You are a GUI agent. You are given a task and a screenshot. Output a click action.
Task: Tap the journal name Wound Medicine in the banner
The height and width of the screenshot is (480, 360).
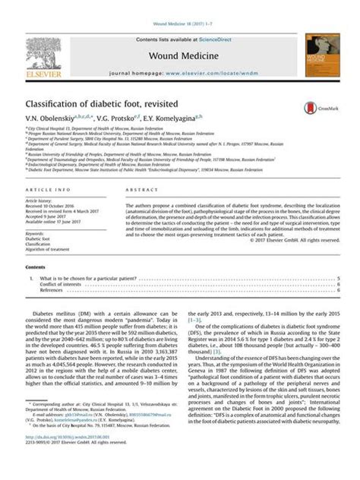180,56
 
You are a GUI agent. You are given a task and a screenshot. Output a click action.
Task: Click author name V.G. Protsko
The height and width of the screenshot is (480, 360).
111,120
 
